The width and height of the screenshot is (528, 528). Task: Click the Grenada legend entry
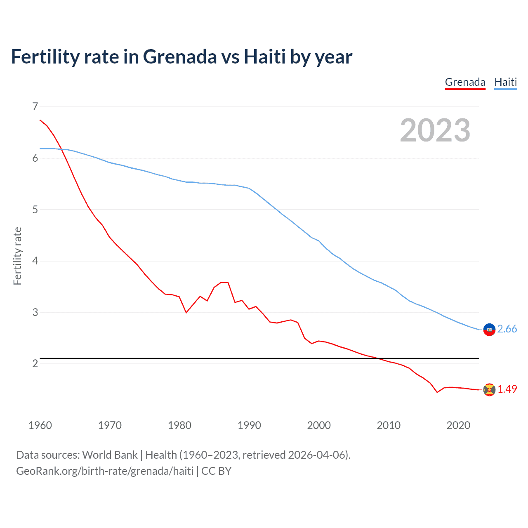click(465, 82)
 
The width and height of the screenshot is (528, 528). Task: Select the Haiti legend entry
click(505, 82)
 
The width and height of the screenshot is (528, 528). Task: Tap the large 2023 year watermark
click(435, 130)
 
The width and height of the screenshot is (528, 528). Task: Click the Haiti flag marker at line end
click(489, 330)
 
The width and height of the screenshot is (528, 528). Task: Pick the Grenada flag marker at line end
click(489, 389)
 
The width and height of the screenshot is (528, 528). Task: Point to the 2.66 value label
click(507, 329)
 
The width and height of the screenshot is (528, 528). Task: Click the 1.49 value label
click(507, 389)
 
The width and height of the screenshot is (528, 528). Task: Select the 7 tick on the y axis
click(35, 107)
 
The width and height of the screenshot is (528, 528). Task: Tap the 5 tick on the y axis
click(35, 210)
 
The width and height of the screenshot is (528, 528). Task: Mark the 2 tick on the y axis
click(35, 363)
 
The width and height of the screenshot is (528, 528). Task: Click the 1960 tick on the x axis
click(40, 425)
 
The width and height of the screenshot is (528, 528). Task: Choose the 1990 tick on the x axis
click(249, 425)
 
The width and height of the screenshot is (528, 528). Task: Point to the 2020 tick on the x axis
click(458, 425)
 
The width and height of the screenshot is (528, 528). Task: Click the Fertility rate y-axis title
click(17, 256)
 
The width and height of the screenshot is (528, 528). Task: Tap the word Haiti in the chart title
click(264, 57)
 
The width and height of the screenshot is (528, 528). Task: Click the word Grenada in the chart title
click(179, 57)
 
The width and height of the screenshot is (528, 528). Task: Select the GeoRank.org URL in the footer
click(105, 471)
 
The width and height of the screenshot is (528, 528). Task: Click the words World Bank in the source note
click(110, 455)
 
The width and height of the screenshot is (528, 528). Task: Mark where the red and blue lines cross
click(62, 149)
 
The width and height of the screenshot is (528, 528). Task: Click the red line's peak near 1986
click(224, 282)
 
